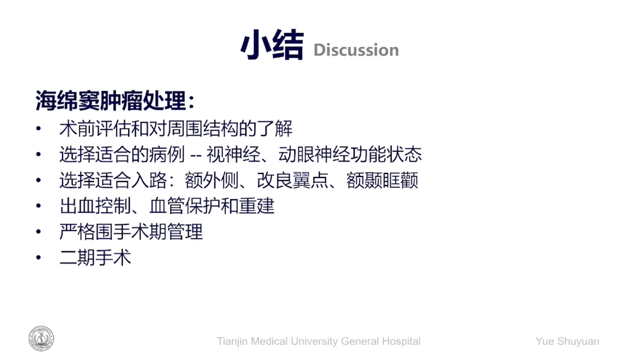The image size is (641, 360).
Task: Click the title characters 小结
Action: pyautogui.click(x=272, y=45)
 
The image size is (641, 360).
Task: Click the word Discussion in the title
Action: pyautogui.click(x=356, y=50)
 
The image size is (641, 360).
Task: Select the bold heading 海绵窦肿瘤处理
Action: pyautogui.click(x=111, y=100)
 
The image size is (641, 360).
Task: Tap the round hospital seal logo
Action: pyautogui.click(x=41, y=338)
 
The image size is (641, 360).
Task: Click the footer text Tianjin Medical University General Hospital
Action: pyautogui.click(x=318, y=341)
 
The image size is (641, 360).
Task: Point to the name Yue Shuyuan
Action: pyautogui.click(x=567, y=341)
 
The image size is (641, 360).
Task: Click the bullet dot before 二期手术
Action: pyautogui.click(x=39, y=257)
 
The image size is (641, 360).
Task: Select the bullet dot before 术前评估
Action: pyautogui.click(x=39, y=128)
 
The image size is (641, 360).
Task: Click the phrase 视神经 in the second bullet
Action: pyautogui.click(x=233, y=154)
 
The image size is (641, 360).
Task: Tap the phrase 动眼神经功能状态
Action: pyautogui.click(x=350, y=154)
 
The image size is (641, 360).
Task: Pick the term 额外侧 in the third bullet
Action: pyautogui.click(x=211, y=180)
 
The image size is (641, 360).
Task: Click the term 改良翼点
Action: pyautogui.click(x=292, y=180)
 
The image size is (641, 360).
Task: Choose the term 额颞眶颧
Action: pyautogui.click(x=382, y=180)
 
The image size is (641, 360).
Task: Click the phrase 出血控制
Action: pyautogui.click(x=95, y=206)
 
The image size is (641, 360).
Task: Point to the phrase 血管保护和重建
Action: pyautogui.click(x=212, y=206)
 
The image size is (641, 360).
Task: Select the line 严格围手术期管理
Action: pyautogui.click(x=131, y=231)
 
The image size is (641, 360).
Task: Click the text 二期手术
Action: pyautogui.click(x=95, y=257)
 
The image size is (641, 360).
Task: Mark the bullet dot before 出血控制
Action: pyautogui.click(x=39, y=206)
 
